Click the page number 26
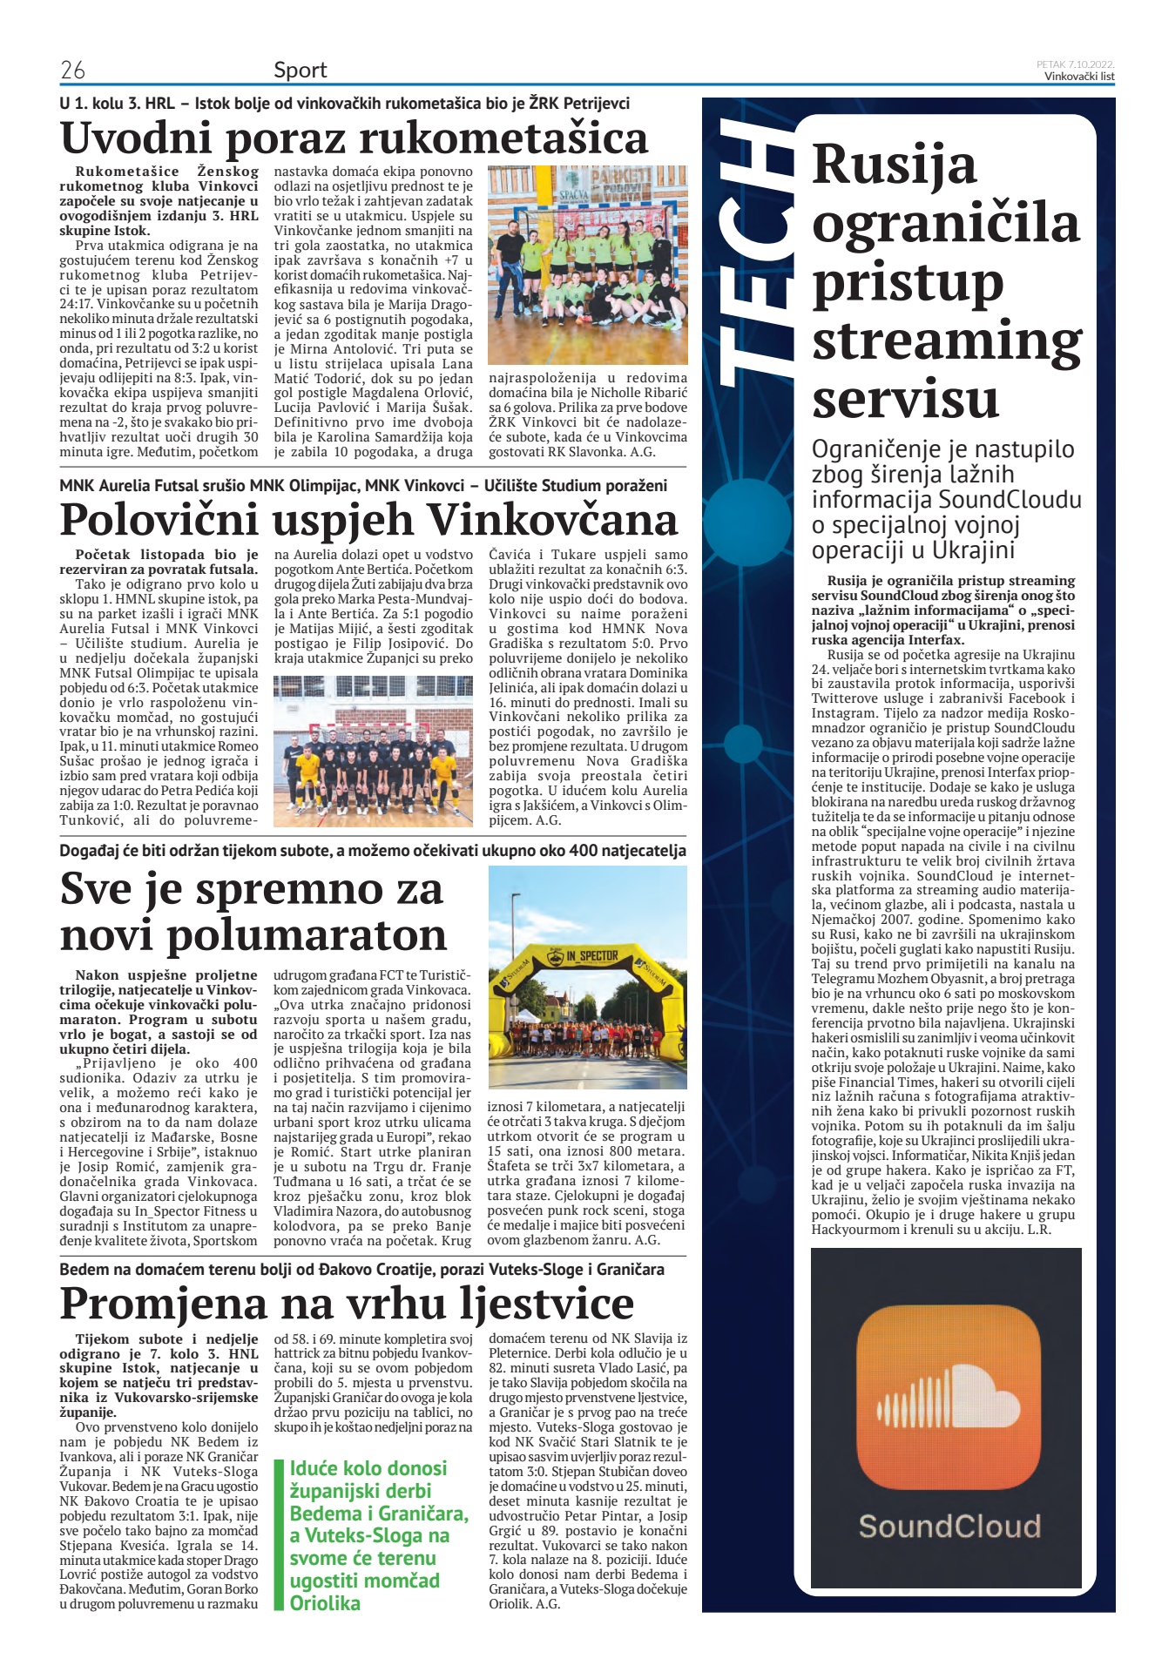tap(72, 70)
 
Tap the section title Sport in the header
tap(300, 70)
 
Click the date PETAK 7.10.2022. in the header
tap(1075, 64)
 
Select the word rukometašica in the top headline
tap(503, 138)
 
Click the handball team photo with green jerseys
tap(587, 265)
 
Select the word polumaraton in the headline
tap(306, 934)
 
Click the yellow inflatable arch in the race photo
tap(587, 967)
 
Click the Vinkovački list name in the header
tap(1079, 77)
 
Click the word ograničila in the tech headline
tap(945, 223)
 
